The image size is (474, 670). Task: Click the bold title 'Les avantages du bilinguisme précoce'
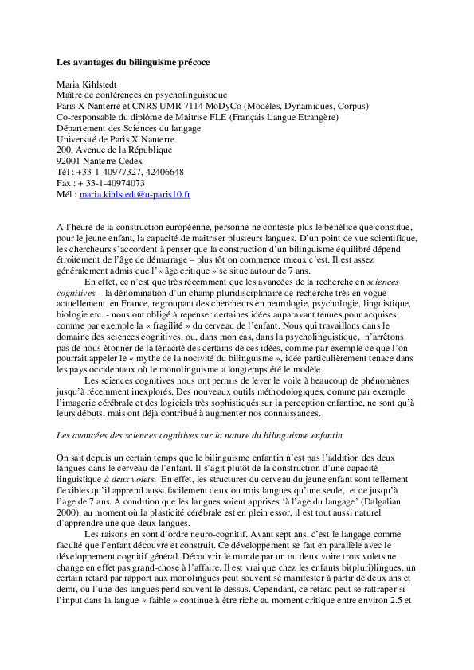[133, 61]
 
